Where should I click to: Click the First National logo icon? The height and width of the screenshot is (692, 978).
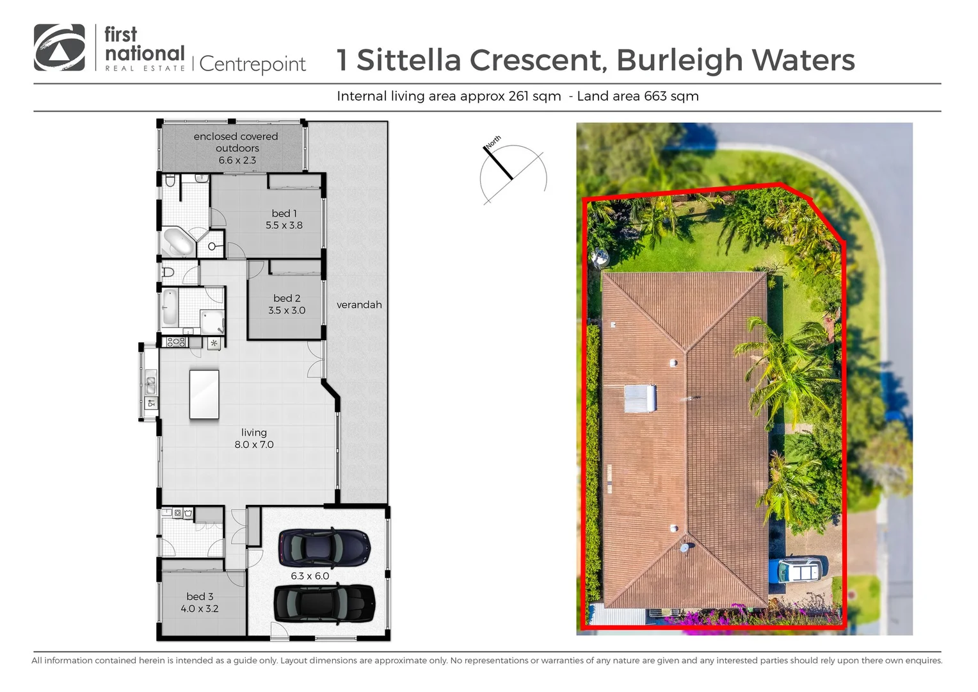click(x=60, y=47)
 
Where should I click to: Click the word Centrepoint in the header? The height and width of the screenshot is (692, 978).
click(x=252, y=64)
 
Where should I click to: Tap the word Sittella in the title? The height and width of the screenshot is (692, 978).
click(x=408, y=60)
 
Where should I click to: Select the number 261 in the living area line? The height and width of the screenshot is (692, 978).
click(x=518, y=96)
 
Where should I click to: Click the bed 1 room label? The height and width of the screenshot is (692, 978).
click(x=284, y=213)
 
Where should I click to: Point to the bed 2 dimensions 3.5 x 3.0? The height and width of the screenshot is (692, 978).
click(x=287, y=310)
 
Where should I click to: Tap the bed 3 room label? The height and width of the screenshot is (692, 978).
click(x=200, y=597)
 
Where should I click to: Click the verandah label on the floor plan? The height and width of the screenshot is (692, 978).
click(x=359, y=305)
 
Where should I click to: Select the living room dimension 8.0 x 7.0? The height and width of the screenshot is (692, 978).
click(x=254, y=445)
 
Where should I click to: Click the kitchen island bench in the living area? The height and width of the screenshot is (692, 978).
click(x=204, y=394)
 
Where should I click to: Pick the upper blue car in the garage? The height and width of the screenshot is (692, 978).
click(x=324, y=548)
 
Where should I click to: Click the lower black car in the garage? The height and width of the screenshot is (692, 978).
click(x=324, y=604)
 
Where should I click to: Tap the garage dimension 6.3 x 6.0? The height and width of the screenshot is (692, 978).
click(x=310, y=576)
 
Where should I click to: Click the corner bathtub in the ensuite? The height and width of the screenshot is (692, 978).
click(x=178, y=242)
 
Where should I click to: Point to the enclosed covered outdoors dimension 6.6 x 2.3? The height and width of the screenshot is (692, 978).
click(x=237, y=160)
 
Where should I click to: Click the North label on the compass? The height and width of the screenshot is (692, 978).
click(x=493, y=142)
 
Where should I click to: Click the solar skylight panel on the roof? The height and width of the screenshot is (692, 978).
click(x=640, y=399)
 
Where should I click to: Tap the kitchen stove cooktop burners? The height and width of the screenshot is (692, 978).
click(x=175, y=342)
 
